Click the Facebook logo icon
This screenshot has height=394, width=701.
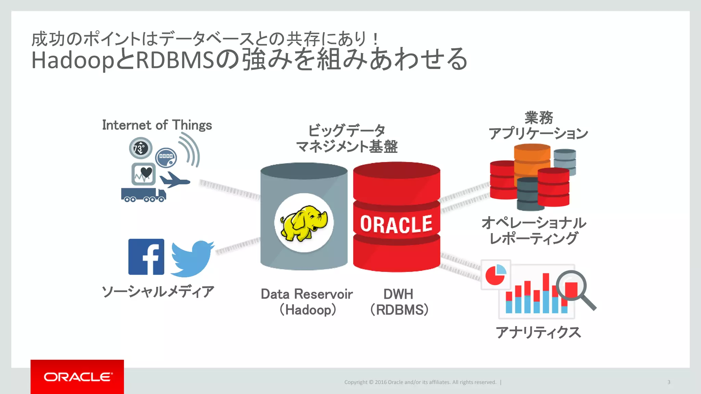pos(146,257)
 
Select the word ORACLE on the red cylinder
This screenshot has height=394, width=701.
pos(396,224)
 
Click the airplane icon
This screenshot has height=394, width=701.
pos(174,180)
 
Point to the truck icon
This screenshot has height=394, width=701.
pos(143,195)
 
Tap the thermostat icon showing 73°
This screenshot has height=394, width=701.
pos(140,148)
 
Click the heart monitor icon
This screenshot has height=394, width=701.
pos(144,174)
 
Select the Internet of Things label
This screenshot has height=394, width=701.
pos(157,125)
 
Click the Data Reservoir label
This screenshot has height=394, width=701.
pos(307,294)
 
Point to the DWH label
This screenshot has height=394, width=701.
pos(398,294)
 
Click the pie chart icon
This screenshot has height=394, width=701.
pos(496,275)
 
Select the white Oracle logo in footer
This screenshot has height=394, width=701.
pos(77,377)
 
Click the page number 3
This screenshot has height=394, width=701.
pos(668,382)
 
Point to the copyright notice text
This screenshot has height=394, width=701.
pos(420,382)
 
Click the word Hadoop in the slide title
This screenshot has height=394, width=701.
pos(73,60)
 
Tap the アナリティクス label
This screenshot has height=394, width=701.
pos(538,332)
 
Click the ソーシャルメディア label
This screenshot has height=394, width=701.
pos(158,292)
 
